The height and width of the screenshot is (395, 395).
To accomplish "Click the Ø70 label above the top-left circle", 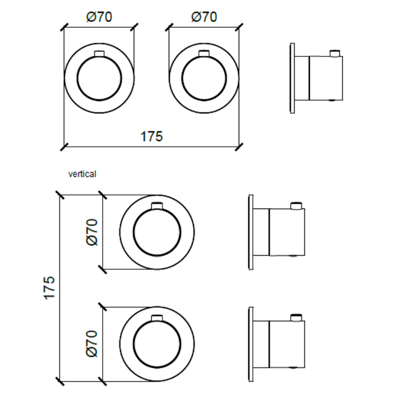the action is tap(99, 17).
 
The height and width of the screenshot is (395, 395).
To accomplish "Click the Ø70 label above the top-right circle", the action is tap(204, 17).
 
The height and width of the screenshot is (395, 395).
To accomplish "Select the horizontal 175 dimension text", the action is tap(151, 137).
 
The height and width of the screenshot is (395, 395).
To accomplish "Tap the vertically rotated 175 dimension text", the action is tap(50, 288).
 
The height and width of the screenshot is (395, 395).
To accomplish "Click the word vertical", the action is tap(82, 174).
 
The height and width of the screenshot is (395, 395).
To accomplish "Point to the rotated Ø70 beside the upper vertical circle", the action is tap(91, 232).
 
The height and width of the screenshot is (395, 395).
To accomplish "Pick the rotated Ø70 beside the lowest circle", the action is tap(91, 344).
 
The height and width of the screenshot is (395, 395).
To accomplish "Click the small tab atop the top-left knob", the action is tap(99, 54).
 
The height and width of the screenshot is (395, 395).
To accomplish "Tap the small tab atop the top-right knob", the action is tap(204, 54).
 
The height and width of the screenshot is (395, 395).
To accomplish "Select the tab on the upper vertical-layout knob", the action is tap(157, 206).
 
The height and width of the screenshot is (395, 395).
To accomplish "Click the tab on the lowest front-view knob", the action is tap(157, 318).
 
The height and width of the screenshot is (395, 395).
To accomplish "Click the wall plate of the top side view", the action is tap(292, 78).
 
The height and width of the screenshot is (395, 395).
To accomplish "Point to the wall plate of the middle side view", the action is tap(251, 232).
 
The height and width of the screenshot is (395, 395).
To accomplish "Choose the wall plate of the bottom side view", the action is tap(251, 344).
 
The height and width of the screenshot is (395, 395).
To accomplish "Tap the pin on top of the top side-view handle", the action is tap(335, 53).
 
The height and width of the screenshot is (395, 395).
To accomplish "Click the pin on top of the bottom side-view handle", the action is tap(296, 317).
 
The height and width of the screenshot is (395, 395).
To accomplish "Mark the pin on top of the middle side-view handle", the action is tap(296, 205).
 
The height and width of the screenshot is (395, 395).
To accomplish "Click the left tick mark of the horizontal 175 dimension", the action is tap(64, 147).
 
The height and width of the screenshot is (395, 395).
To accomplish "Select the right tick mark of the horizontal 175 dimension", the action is tap(239, 147).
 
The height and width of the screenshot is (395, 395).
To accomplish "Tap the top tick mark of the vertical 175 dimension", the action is tap(60, 195).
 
